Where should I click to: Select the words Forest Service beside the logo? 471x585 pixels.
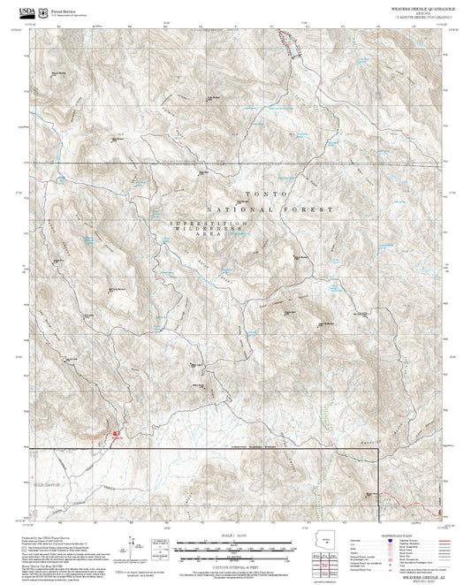click(65, 9)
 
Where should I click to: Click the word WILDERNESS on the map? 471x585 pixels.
click(210, 231)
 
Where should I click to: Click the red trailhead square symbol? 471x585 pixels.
click(114, 433)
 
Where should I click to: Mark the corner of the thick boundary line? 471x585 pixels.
click(379, 449)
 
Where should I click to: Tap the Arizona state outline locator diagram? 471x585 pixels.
click(327, 538)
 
